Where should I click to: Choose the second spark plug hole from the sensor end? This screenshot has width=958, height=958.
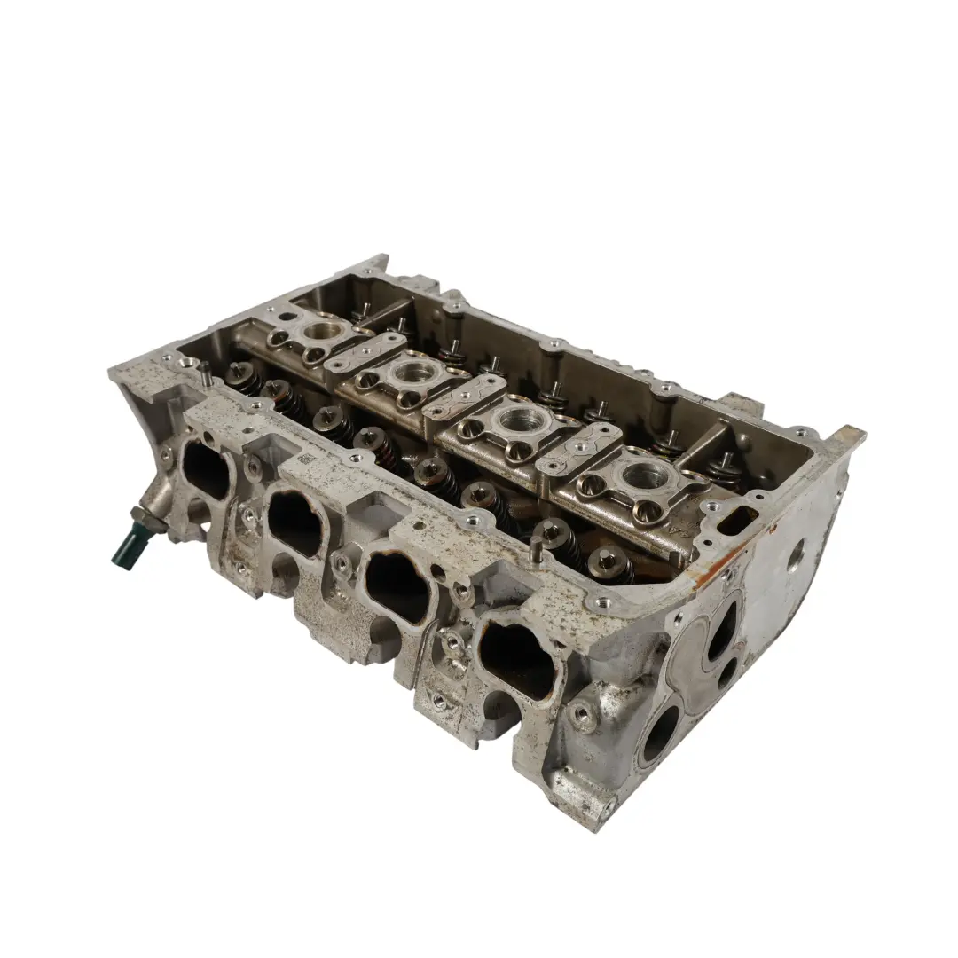[409, 373]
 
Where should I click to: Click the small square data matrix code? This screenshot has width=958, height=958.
[305, 459]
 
